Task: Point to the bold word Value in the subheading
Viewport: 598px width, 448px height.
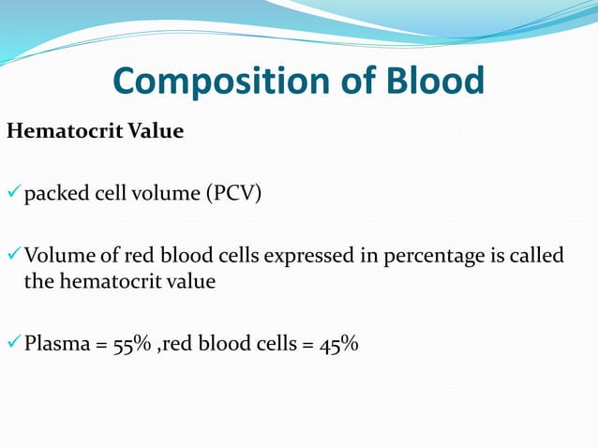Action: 153,131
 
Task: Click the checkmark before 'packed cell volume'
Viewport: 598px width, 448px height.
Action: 13,194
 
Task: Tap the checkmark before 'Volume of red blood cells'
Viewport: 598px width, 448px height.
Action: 13,256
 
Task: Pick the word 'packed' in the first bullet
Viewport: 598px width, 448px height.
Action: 52,195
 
